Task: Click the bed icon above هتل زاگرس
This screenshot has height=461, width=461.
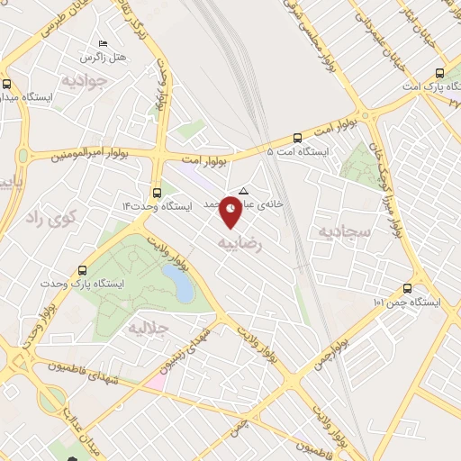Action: [103, 42]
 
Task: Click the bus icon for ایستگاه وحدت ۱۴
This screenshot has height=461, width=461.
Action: [158, 192]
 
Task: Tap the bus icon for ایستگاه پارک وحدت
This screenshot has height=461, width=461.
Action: [83, 269]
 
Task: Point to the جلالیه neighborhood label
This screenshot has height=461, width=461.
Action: [148, 327]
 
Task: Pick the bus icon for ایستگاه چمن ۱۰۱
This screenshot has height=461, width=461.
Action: [407, 289]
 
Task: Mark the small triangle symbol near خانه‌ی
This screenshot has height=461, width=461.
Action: [243, 190]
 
